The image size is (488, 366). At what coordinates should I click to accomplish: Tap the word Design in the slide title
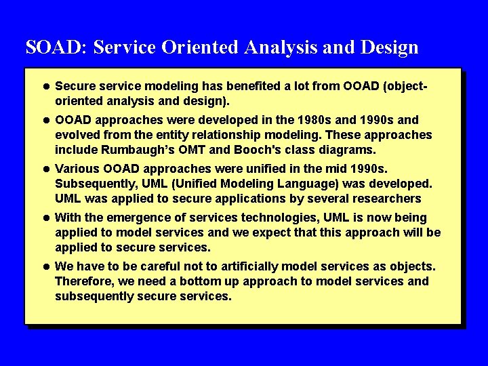tap(389, 48)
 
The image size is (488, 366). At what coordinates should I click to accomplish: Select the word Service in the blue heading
tap(125, 47)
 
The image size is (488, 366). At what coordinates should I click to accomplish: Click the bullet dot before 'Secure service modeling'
tap(46, 86)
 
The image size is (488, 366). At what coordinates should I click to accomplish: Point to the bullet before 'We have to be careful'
tap(46, 267)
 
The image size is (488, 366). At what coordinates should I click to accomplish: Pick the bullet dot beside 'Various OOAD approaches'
tap(46, 169)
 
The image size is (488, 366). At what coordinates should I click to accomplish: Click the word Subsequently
tap(96, 184)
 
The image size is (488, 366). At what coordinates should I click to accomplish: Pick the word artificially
tap(249, 267)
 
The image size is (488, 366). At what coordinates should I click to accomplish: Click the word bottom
tap(198, 281)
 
